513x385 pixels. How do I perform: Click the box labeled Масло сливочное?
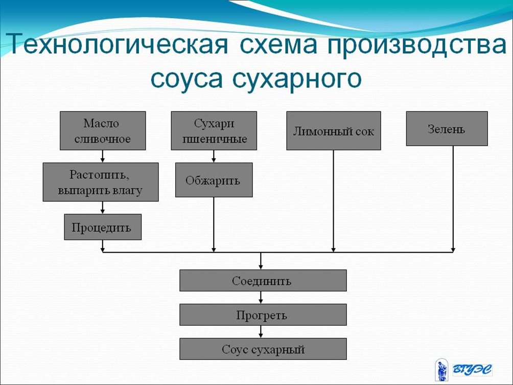click(x=103, y=130)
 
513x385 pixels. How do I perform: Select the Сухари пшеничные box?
click(x=214, y=130)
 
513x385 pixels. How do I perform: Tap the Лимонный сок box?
click(x=334, y=130)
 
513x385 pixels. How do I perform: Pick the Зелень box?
click(x=447, y=129)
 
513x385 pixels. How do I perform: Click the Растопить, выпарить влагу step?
click(x=101, y=182)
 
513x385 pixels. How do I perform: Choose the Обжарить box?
click(x=214, y=180)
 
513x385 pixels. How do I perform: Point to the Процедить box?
click(x=103, y=227)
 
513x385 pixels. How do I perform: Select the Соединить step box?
click(x=263, y=281)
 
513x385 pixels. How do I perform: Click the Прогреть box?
click(x=263, y=314)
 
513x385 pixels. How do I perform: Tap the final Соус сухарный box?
click(x=263, y=349)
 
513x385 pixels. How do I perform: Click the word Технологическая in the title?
click(x=117, y=44)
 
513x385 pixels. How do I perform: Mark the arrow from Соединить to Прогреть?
click(x=261, y=298)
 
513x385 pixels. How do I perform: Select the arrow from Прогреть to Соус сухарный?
click(x=261, y=332)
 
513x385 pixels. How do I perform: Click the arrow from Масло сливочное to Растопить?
click(x=103, y=156)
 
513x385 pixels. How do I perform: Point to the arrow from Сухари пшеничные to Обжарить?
click(x=214, y=156)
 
